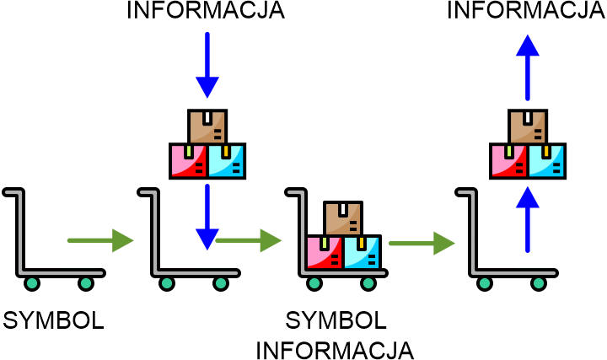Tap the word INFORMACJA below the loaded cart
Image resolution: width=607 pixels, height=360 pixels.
[x=335, y=348]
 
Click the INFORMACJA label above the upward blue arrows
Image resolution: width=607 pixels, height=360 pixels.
[x=528, y=11]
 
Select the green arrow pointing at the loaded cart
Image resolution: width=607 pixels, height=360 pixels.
[x=249, y=241]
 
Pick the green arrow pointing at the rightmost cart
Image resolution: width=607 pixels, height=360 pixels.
[x=421, y=245]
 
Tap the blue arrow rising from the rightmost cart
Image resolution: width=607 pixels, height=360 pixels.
[x=528, y=219]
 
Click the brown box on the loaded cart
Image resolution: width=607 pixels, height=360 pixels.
[x=343, y=218]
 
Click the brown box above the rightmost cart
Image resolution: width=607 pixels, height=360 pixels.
[x=528, y=126]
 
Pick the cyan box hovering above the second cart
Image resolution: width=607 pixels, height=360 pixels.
[x=227, y=160]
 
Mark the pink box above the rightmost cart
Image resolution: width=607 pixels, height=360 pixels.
[x=509, y=160]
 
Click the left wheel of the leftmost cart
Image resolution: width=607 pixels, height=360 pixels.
[x=33, y=283]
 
